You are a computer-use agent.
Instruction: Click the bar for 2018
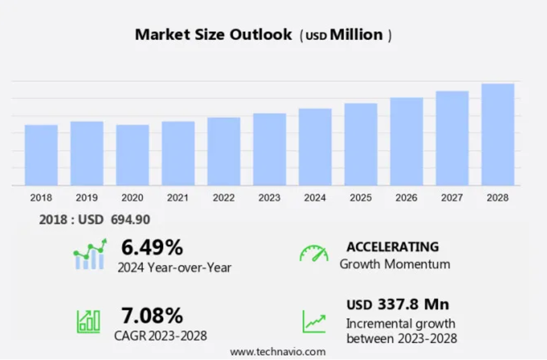point(41,155)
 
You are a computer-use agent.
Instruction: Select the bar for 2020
point(132,155)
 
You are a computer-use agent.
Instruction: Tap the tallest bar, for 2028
point(498,134)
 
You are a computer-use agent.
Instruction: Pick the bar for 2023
point(269,149)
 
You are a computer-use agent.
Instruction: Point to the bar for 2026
point(406,141)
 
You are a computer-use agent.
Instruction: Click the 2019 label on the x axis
point(86,198)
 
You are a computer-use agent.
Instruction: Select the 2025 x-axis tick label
point(360,198)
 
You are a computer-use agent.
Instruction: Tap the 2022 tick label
point(223,198)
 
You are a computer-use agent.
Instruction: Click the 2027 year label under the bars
point(452,198)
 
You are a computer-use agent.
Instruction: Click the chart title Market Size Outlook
point(213,35)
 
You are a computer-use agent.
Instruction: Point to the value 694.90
point(130,219)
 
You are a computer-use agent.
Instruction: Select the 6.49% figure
point(152,247)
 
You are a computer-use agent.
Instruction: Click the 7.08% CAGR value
point(152,315)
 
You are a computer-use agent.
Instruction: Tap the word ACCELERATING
point(393,247)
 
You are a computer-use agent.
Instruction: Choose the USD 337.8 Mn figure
point(397,305)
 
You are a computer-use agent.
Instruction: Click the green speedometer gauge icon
point(313,253)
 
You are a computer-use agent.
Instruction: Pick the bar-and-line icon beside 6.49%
point(90,255)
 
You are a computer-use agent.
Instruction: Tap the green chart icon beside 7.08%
point(88,321)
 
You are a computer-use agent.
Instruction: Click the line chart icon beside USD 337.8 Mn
point(313,321)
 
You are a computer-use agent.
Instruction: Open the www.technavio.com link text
point(278,352)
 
